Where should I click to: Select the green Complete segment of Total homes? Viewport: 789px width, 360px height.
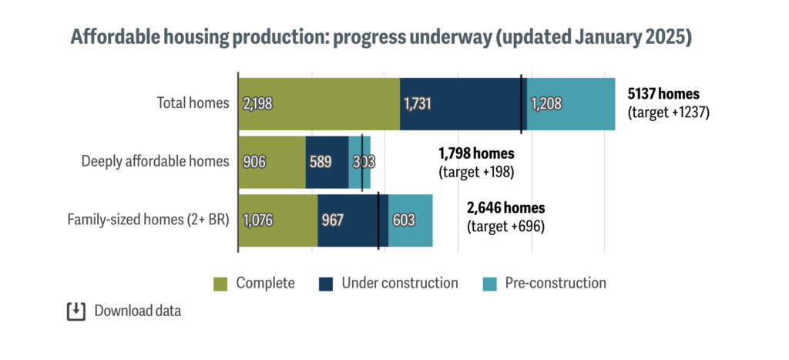[x=319, y=103]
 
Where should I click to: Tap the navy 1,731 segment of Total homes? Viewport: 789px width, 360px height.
[x=461, y=103]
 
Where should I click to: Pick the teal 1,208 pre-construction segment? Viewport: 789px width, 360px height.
[x=570, y=103]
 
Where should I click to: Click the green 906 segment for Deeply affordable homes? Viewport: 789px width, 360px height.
[x=272, y=162]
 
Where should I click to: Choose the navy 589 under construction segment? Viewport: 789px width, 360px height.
[x=327, y=162]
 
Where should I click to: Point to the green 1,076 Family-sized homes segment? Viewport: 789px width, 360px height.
[x=277, y=220]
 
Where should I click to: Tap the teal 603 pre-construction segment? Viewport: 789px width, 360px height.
[x=411, y=220]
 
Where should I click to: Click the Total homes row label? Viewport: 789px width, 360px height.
[x=193, y=103]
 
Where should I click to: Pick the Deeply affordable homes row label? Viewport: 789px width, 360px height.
[x=155, y=161]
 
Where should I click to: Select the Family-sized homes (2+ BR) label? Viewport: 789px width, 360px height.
[x=148, y=220]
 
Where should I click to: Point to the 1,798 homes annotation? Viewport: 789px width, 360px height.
[x=475, y=153]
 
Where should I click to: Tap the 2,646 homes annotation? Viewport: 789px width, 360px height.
[x=506, y=208]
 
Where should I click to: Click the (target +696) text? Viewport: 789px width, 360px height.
[x=506, y=227]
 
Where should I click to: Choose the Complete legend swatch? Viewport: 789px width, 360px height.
[x=220, y=284]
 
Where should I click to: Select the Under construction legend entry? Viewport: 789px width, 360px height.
[x=388, y=284]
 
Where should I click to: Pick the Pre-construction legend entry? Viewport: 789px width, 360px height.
[x=544, y=284]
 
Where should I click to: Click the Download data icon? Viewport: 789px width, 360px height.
[x=76, y=311]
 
